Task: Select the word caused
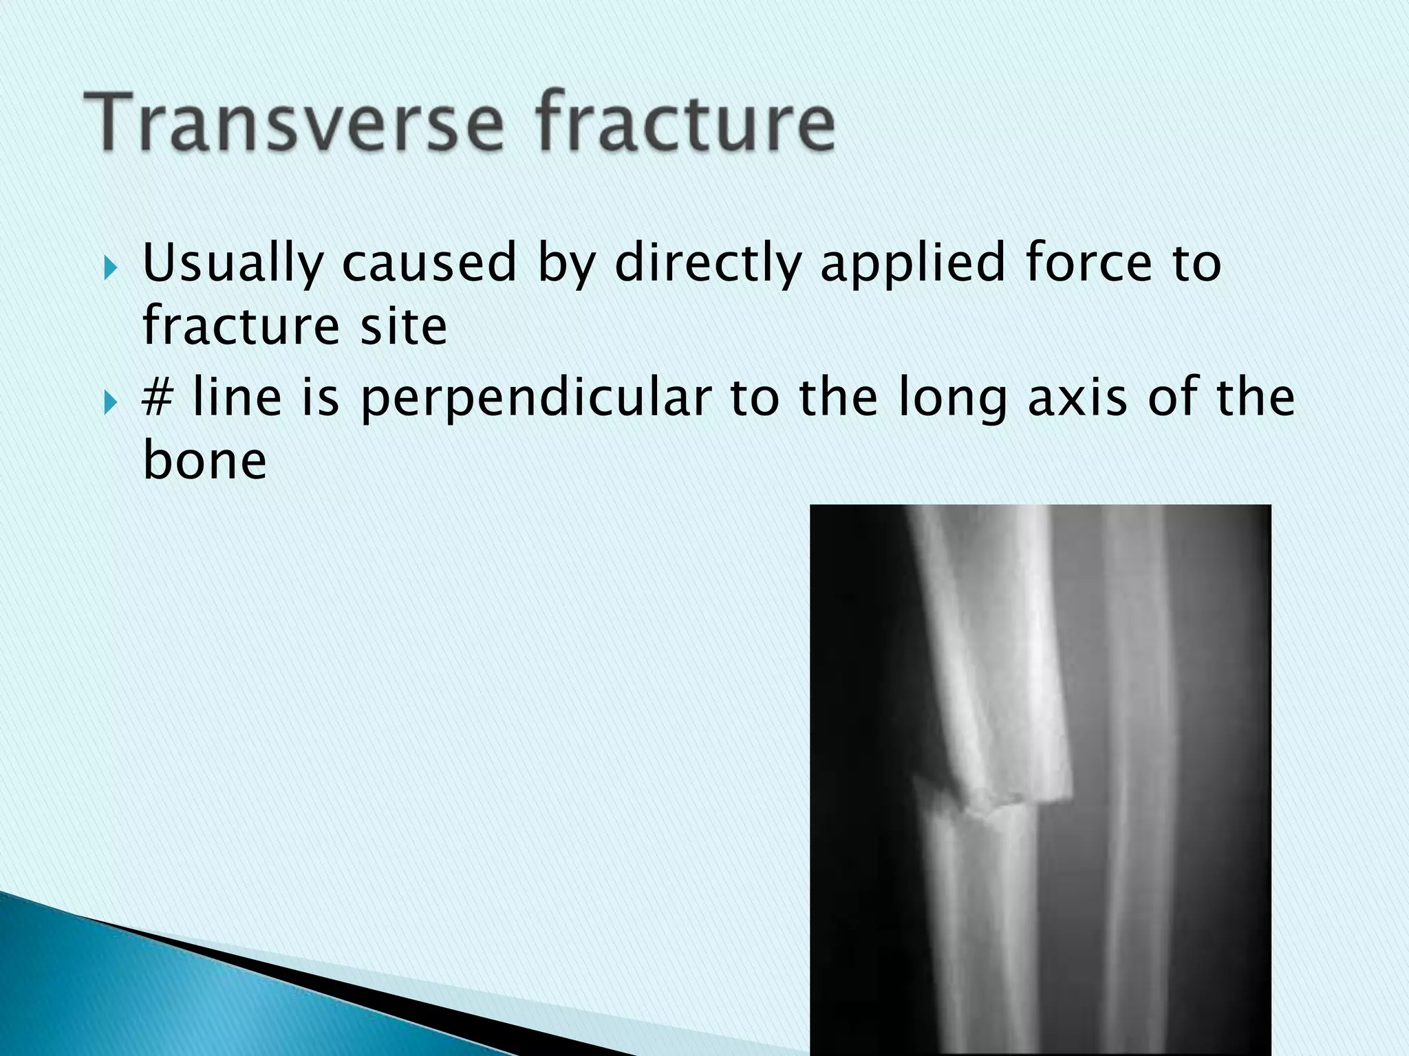click(x=429, y=263)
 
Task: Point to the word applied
click(x=912, y=264)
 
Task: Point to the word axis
click(x=1077, y=399)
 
